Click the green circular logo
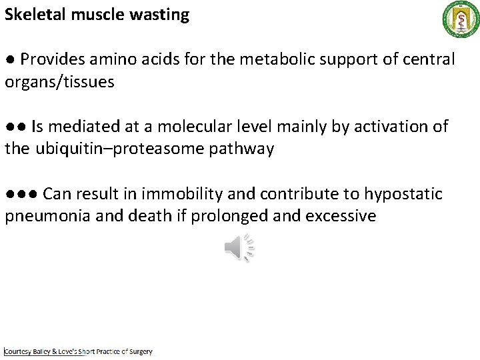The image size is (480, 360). [458, 19]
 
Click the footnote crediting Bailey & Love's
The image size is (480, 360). [79, 351]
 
